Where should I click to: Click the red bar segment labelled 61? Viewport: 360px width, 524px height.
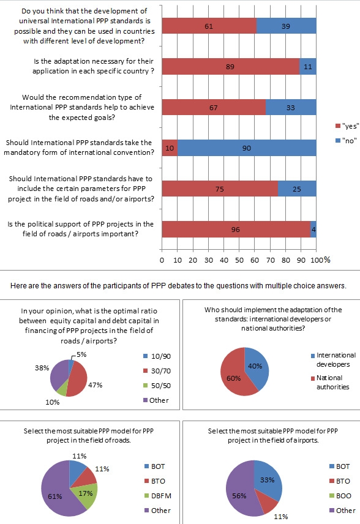pyautogui.click(x=209, y=26)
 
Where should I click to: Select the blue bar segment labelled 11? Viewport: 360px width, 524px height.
pyautogui.click(x=307, y=67)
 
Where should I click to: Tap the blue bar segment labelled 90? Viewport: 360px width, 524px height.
pyautogui.click(x=247, y=148)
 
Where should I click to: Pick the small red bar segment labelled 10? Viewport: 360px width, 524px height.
pyautogui.click(x=170, y=148)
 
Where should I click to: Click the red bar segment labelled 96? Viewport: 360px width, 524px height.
pyautogui.click(x=236, y=229)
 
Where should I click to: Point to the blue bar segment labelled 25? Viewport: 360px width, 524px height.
pyautogui.click(x=297, y=189)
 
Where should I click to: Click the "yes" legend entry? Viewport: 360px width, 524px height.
pyautogui.click(x=347, y=126)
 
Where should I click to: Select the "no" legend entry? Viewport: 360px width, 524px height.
pyautogui.click(x=346, y=141)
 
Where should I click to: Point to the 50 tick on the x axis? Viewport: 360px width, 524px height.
pyautogui.click(x=239, y=260)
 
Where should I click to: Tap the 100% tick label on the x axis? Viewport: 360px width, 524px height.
pyautogui.click(x=320, y=260)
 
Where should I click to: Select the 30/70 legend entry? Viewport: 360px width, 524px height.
pyautogui.click(x=157, y=371)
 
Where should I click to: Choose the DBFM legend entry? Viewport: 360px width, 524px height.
pyautogui.click(x=158, y=496)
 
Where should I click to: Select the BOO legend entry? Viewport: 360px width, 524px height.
pyautogui.click(x=340, y=496)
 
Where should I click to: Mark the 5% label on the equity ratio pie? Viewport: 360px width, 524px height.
pyautogui.click(x=81, y=354)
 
